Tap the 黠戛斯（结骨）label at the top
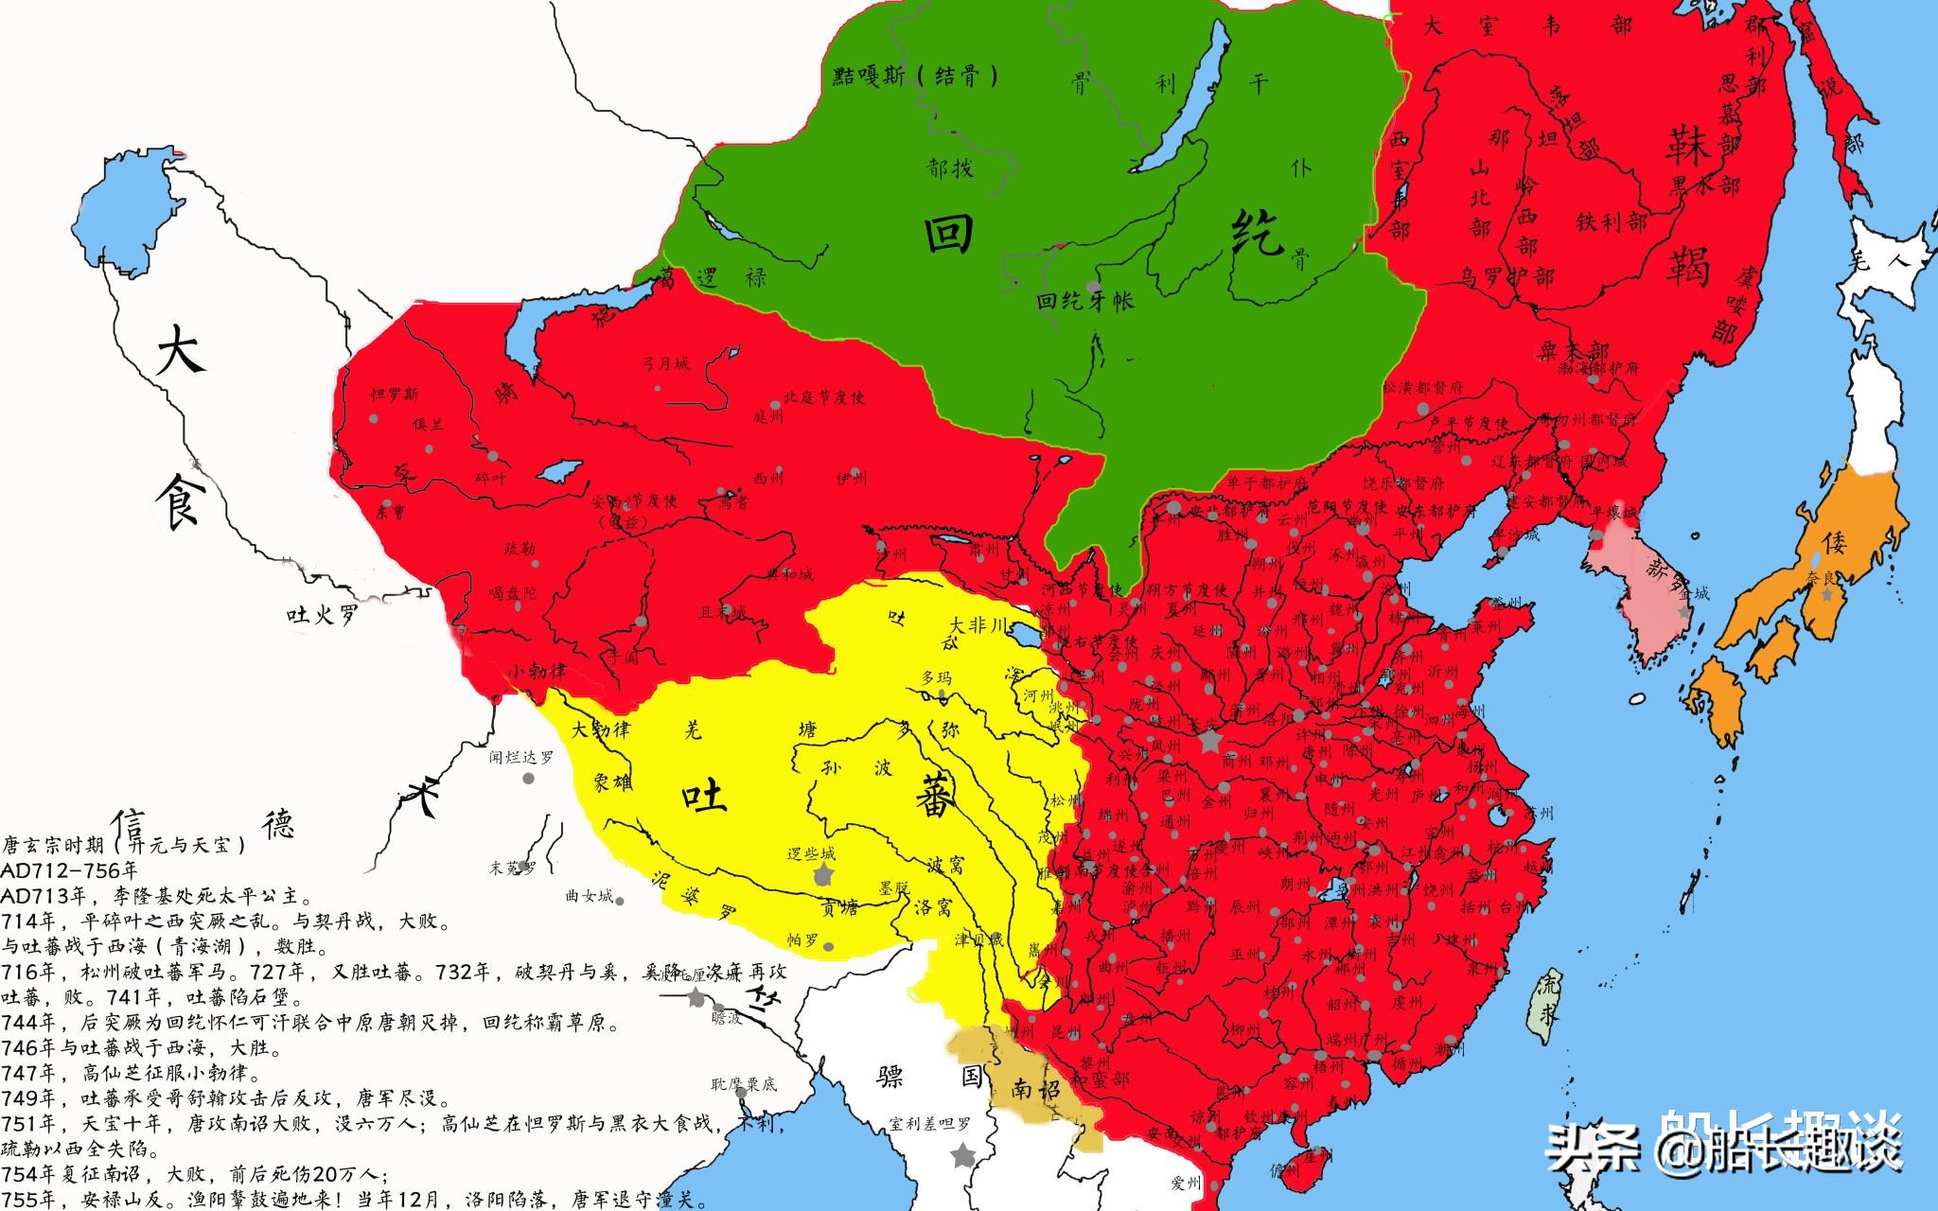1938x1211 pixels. (x=915, y=77)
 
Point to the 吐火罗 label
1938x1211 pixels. (x=323, y=616)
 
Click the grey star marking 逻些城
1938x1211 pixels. (x=823, y=874)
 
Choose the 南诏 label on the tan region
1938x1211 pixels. (x=1038, y=1088)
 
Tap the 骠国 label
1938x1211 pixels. (x=931, y=1077)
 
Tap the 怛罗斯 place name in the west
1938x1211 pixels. (x=396, y=394)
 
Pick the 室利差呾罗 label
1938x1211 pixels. (x=930, y=1124)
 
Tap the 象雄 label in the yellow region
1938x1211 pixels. (x=612, y=781)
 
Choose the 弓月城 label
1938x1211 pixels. (x=666, y=362)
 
